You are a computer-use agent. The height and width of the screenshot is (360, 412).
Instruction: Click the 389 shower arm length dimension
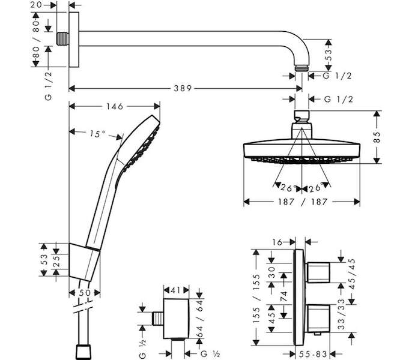point(183,88)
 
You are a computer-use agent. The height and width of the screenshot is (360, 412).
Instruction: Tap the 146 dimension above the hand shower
point(115,106)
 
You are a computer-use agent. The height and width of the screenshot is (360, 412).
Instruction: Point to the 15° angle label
point(97,134)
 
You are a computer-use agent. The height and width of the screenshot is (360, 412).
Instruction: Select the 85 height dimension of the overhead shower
point(377,137)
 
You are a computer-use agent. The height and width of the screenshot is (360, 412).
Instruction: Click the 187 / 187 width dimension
point(303,202)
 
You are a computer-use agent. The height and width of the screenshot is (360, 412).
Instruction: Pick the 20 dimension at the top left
point(36,5)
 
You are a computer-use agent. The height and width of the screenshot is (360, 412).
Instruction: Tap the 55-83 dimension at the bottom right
point(312,353)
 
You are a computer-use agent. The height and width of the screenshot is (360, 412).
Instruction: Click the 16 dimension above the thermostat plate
point(277,242)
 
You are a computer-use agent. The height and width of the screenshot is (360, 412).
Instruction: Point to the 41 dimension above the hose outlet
point(176,290)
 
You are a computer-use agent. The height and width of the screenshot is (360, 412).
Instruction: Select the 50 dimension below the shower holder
point(84,293)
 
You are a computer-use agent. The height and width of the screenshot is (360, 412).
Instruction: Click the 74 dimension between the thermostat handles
point(283,296)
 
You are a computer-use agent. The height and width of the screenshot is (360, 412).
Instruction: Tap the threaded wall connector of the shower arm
point(62,39)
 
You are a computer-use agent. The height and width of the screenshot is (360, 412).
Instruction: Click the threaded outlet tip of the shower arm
point(301,68)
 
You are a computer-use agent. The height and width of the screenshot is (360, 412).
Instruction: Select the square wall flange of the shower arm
point(74,40)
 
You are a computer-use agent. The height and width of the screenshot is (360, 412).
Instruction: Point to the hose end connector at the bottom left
point(84,352)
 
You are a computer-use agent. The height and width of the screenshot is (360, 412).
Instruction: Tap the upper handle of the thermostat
point(318,272)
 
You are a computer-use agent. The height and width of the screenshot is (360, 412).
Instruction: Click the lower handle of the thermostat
point(318,319)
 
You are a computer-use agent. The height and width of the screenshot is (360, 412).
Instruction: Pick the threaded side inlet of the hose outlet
point(158,319)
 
